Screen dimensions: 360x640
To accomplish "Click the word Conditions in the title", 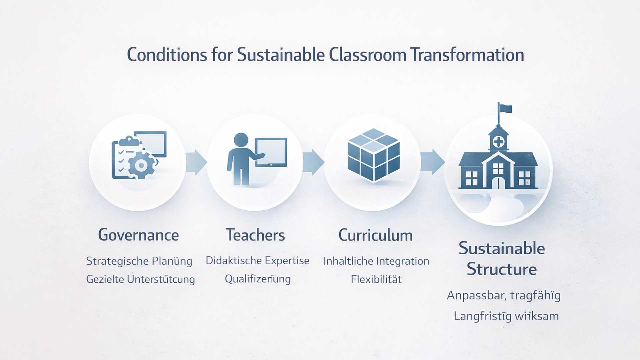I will pyautogui.click(x=167, y=55).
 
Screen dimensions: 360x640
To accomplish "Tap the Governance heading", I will pyautogui.click(x=138, y=235).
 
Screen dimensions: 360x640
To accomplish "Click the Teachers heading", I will pyautogui.click(x=256, y=235).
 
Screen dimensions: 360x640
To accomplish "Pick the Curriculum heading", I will pyautogui.click(x=376, y=235).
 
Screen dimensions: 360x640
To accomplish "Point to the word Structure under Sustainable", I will pyautogui.click(x=502, y=269).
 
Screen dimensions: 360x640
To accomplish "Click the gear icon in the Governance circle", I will pyautogui.click(x=141, y=165).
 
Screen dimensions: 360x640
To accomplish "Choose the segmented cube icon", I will pyautogui.click(x=373, y=155).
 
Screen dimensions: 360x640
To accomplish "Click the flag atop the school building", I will pyautogui.click(x=505, y=109).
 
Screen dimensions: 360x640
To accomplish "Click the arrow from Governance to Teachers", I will pyautogui.click(x=196, y=162).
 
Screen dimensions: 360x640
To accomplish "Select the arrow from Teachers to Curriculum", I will pyautogui.click(x=313, y=162).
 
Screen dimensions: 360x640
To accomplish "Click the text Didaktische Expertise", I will pyautogui.click(x=257, y=261).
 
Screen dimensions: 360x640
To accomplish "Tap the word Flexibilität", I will pyautogui.click(x=376, y=279).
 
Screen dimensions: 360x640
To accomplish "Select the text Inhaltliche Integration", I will pyautogui.click(x=376, y=261).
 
